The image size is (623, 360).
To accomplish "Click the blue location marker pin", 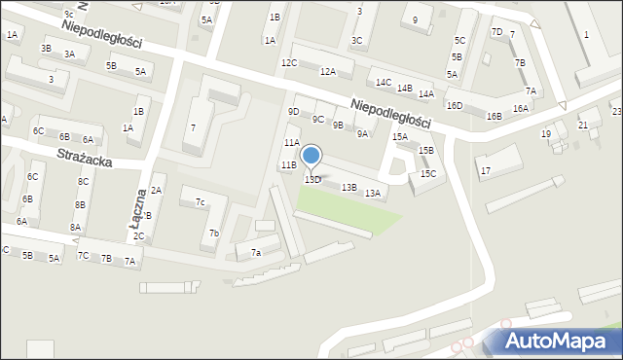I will tap(311, 158).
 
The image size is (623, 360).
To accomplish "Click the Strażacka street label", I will tap(85, 157).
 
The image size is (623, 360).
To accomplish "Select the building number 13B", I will tap(348, 187).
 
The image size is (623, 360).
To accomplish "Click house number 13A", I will tap(372, 194).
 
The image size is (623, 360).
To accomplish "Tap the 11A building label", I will tap(290, 143).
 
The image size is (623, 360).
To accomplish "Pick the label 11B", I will tap(288, 165).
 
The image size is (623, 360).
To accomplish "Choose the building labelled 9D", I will tap(293, 112).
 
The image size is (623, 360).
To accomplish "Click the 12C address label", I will tap(288, 63).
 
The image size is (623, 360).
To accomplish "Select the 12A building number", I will tap(327, 72).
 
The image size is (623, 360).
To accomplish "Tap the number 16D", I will tap(454, 105).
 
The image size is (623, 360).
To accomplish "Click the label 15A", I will tap(399, 137).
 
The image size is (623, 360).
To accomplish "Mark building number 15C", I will tap(427, 174).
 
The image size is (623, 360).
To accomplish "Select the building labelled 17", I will tap(485, 171).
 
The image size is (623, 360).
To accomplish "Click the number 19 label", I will tap(546, 134).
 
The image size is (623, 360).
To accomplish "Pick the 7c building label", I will tap(200, 202).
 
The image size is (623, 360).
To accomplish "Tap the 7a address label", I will tap(256, 253).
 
